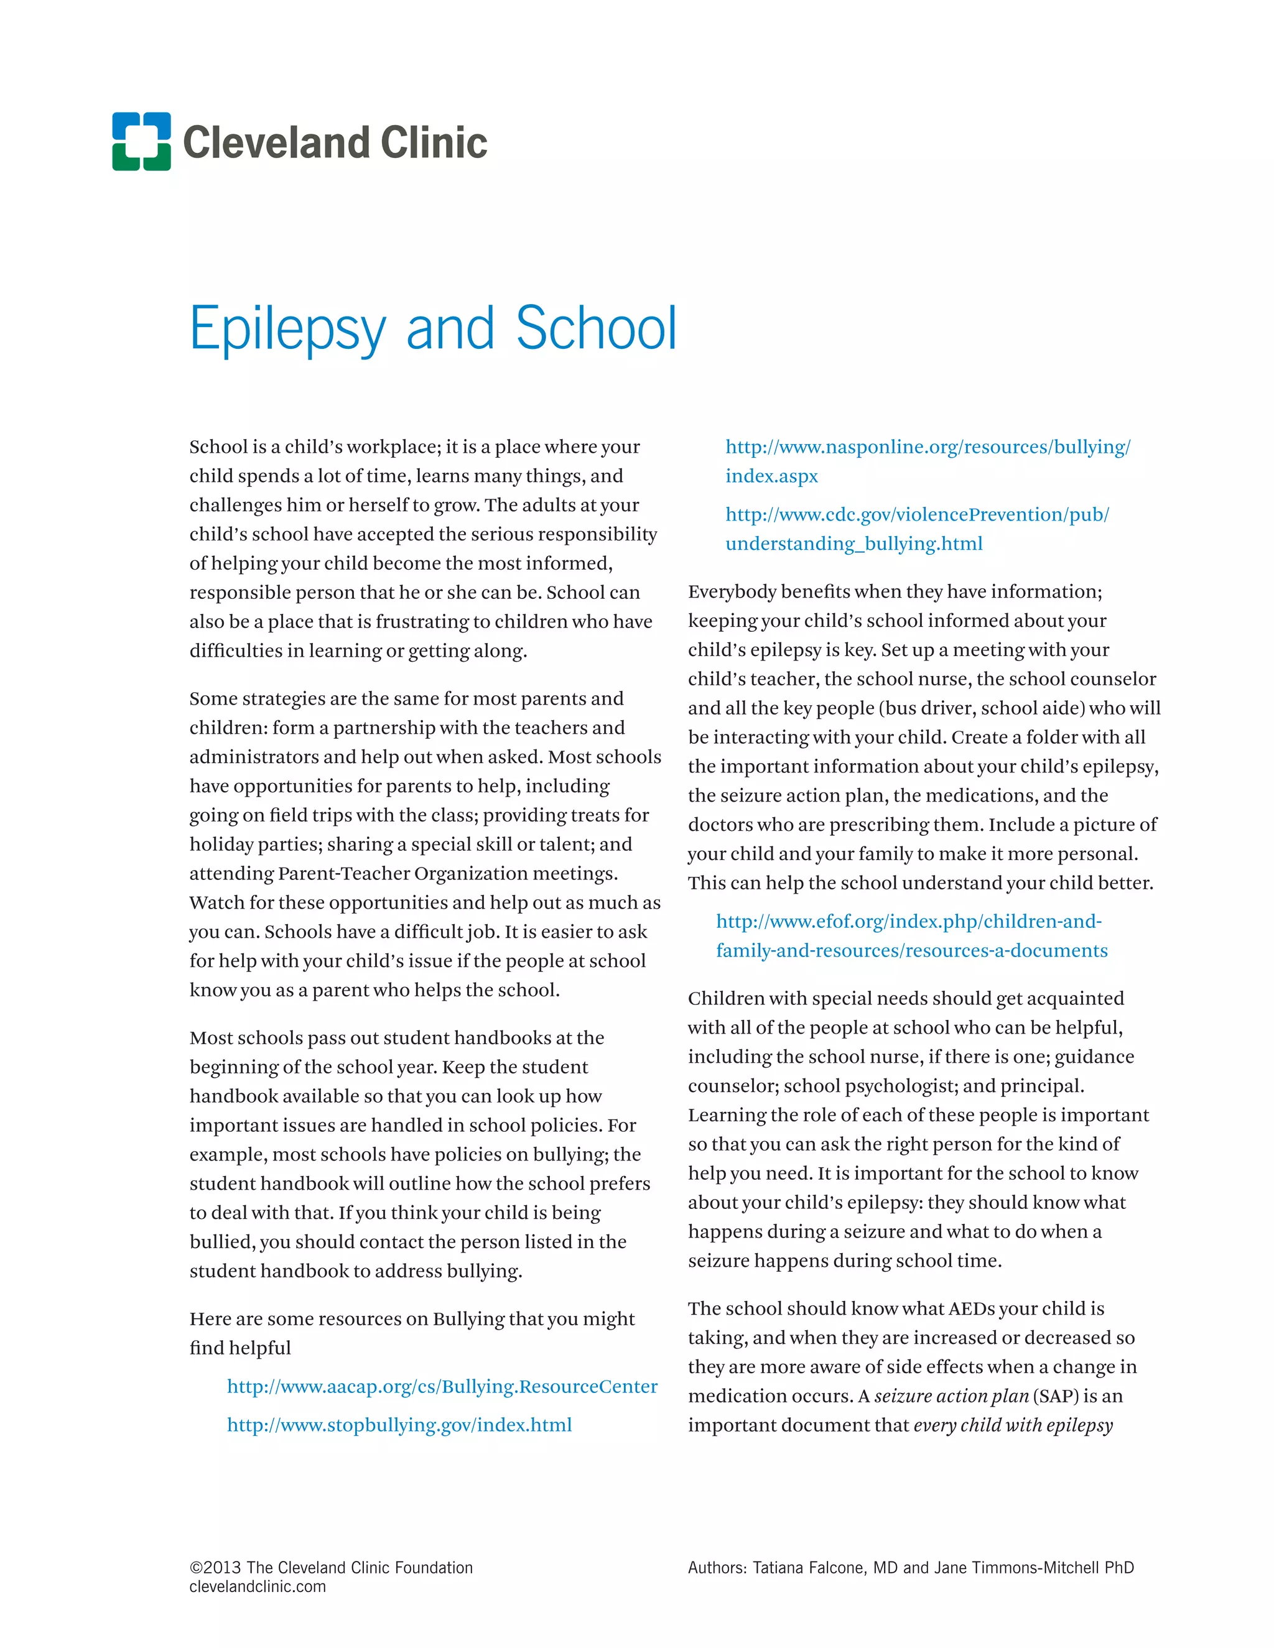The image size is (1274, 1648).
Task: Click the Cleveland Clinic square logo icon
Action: click(x=141, y=141)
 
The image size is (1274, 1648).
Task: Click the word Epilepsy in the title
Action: click(x=287, y=330)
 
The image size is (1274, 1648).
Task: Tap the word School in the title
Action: click(x=595, y=328)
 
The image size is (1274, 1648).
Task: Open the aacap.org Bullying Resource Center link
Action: click(x=442, y=1386)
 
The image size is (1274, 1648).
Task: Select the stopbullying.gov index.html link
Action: click(x=399, y=1425)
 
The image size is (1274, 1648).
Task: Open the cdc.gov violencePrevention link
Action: click(x=916, y=515)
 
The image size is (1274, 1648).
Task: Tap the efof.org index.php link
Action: click(x=908, y=922)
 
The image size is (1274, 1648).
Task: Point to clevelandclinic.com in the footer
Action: click(x=258, y=1586)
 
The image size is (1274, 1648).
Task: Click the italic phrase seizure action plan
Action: click(x=951, y=1396)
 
